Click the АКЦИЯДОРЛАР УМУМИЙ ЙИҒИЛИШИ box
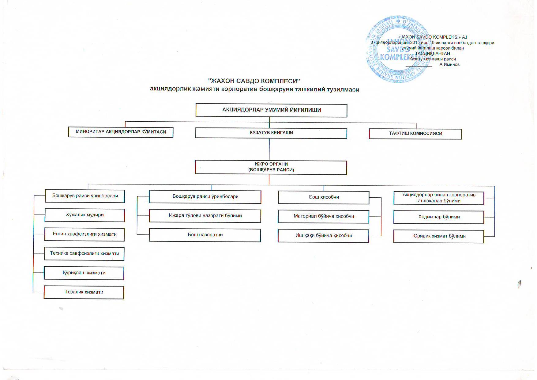tap(271, 110)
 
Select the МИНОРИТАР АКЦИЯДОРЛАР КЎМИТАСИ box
tap(121, 132)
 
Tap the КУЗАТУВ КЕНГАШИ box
tap(271, 133)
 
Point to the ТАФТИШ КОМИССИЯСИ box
tap(415, 134)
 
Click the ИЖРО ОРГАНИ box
tap(271, 167)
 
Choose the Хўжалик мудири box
tap(84, 215)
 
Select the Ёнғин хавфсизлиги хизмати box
tap(84, 234)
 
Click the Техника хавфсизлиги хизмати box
tap(84, 254)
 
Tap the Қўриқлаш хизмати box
tap(84, 273)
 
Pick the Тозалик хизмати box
tap(84, 292)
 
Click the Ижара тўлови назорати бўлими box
tap(205, 216)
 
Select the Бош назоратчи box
tap(205, 235)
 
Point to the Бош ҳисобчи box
tap(324, 197)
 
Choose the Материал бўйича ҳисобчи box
tap(324, 216)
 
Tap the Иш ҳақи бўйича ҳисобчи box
tap(323, 236)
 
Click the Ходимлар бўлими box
tap(439, 217)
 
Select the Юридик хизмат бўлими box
tap(439, 236)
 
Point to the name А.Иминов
tap(449, 65)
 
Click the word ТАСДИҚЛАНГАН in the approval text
tap(432, 54)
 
